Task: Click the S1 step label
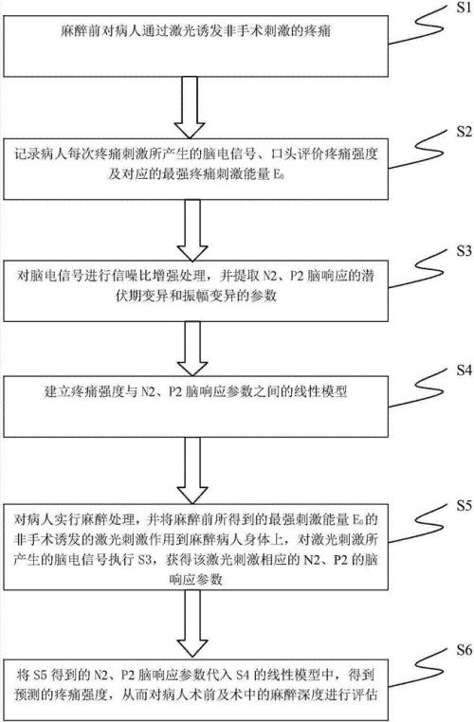[x=464, y=9]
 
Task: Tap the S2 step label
[x=465, y=132]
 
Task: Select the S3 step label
[x=465, y=251]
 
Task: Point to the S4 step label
[x=465, y=370]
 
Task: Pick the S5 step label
[x=465, y=506]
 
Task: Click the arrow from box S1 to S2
[x=190, y=107]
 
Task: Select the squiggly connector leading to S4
[x=421, y=388]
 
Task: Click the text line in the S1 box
[x=195, y=31]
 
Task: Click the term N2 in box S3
[x=270, y=277]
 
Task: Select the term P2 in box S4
[x=176, y=392]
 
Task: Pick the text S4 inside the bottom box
[x=243, y=676]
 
